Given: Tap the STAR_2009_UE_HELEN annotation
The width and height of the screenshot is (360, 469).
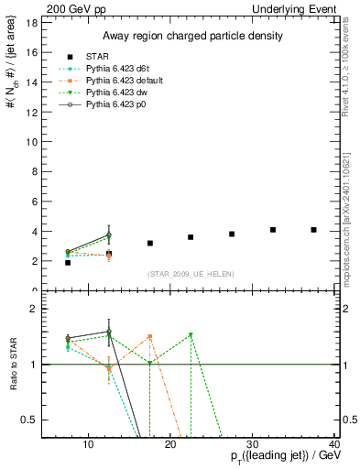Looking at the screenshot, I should [x=191, y=275].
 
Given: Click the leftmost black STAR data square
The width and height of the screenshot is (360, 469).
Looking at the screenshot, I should [x=68, y=263].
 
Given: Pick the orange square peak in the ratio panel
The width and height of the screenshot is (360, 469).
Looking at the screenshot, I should [x=149, y=337].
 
